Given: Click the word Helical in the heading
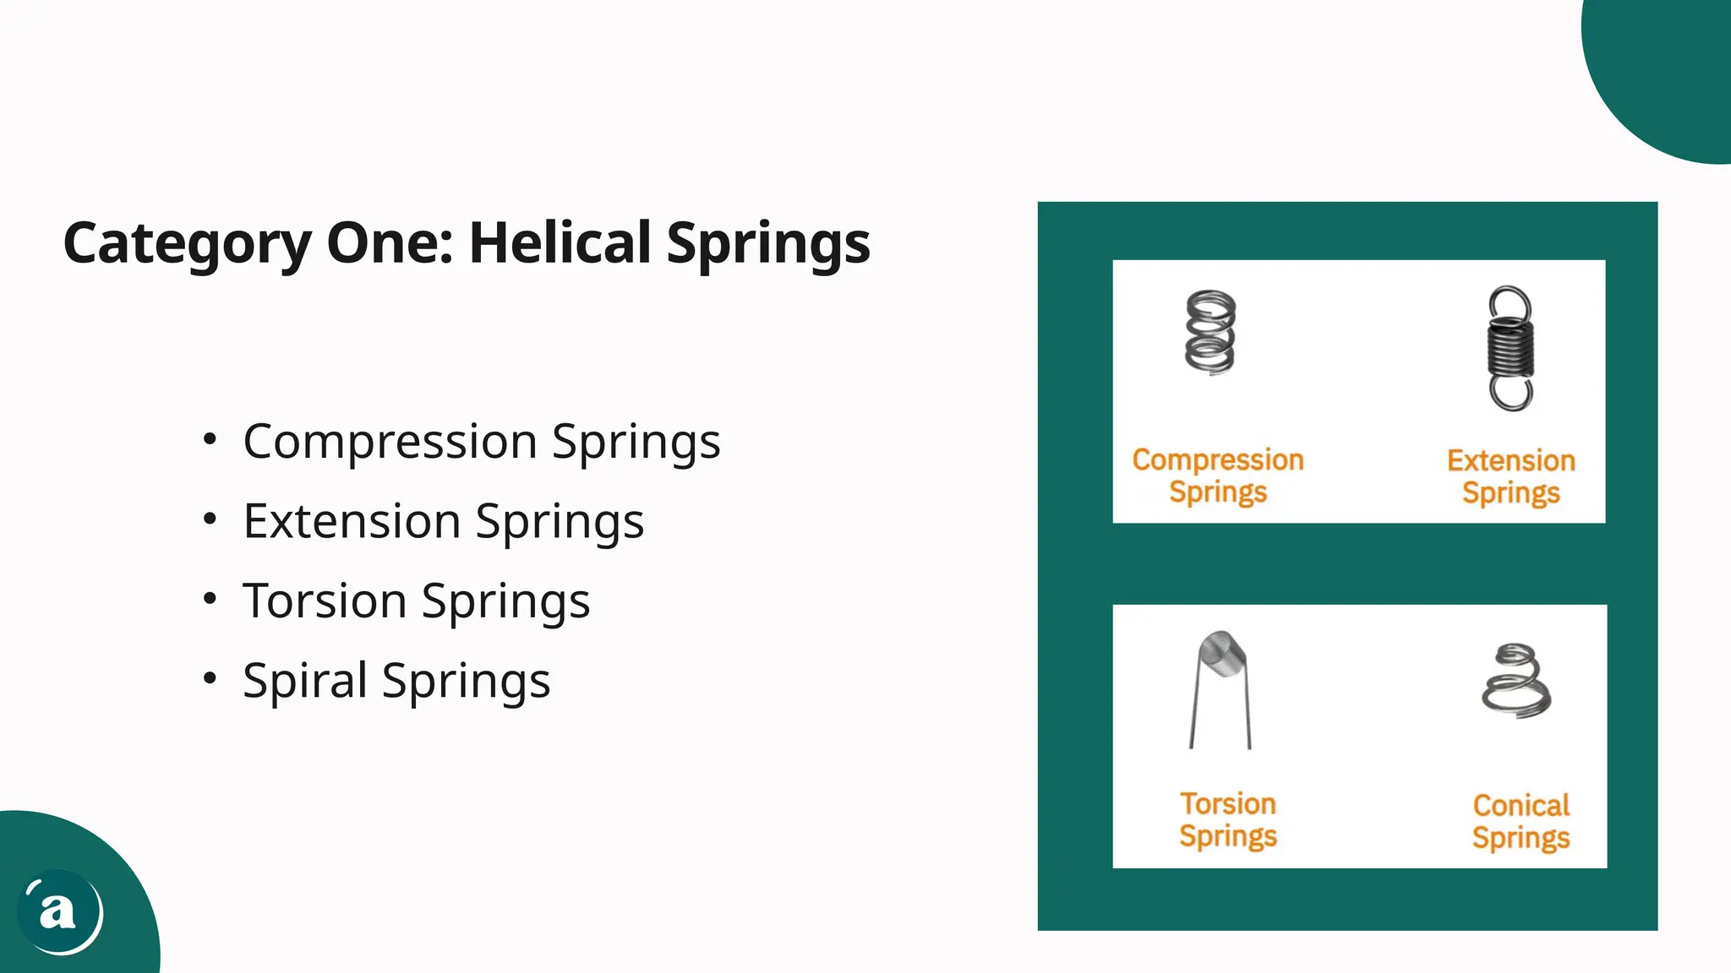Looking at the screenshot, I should point(560,243).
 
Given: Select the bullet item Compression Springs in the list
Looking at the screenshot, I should point(481,441).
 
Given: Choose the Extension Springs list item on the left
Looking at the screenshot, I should point(443,520).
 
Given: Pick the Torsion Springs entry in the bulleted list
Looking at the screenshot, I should point(416,601).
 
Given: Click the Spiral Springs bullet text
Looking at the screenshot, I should point(396,680).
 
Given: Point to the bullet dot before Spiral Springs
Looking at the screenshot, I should point(210,678).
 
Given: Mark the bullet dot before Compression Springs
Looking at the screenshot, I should point(210,439).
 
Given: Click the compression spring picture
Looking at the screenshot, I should point(1210,332).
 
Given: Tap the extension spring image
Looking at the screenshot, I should point(1510,348).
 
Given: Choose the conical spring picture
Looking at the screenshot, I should point(1516,681).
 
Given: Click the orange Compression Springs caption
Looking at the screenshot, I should point(1218,476).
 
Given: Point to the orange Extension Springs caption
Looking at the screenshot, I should point(1511,476).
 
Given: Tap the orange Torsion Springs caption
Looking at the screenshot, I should point(1228,819).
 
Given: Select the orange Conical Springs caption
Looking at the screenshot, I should point(1521,821).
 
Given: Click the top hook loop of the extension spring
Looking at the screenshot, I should point(1510,304).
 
